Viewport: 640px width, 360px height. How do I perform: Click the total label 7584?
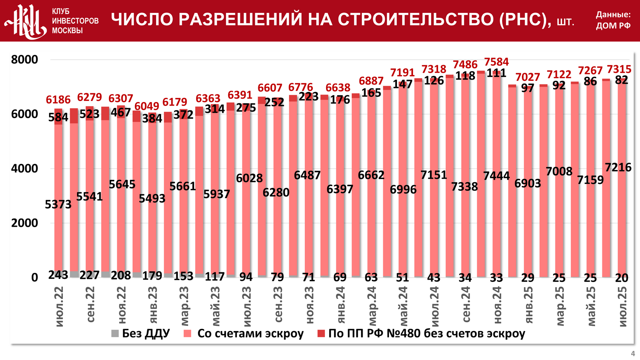tap(496, 62)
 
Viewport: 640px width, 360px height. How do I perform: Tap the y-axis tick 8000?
tap(25, 59)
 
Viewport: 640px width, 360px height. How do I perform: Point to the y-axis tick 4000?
tap(25, 168)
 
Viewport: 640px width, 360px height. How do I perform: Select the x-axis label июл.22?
tap(59, 307)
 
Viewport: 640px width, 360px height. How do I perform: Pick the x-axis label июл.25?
tap(622, 307)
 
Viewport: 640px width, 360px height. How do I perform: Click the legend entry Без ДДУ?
tap(141, 333)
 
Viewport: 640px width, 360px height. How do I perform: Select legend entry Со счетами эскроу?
tap(244, 333)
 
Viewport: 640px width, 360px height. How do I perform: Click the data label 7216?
tap(618, 167)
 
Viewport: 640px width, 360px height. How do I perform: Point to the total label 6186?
tap(58, 100)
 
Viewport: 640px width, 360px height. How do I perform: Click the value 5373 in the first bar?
tap(58, 205)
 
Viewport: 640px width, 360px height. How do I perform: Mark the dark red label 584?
tap(58, 117)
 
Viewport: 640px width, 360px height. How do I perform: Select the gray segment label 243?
tap(58, 275)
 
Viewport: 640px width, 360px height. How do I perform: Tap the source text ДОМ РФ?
tap(613, 26)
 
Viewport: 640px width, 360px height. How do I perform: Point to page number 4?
tap(633, 354)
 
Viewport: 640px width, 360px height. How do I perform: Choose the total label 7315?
tap(619, 69)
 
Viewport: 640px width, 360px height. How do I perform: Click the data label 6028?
tap(249, 178)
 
